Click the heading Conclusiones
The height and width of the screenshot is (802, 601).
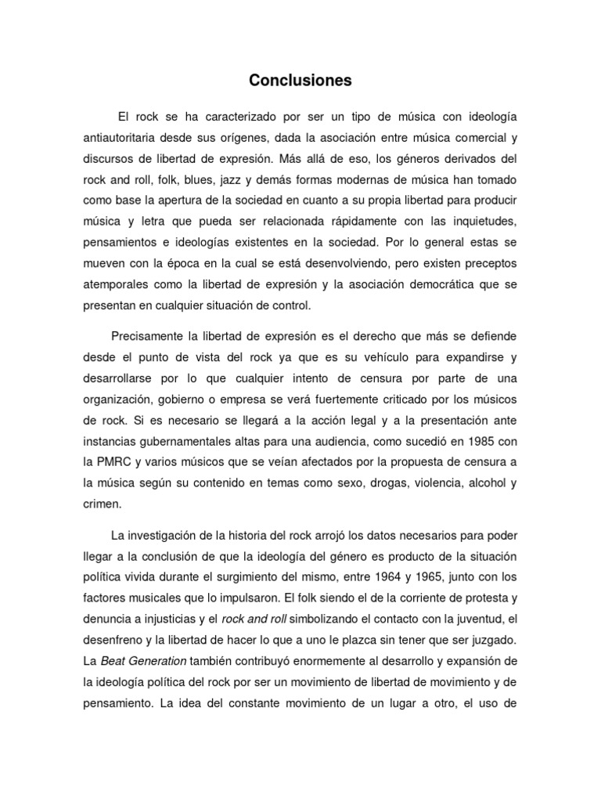pyautogui.click(x=300, y=80)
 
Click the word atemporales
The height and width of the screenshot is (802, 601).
pyautogui.click(x=115, y=281)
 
